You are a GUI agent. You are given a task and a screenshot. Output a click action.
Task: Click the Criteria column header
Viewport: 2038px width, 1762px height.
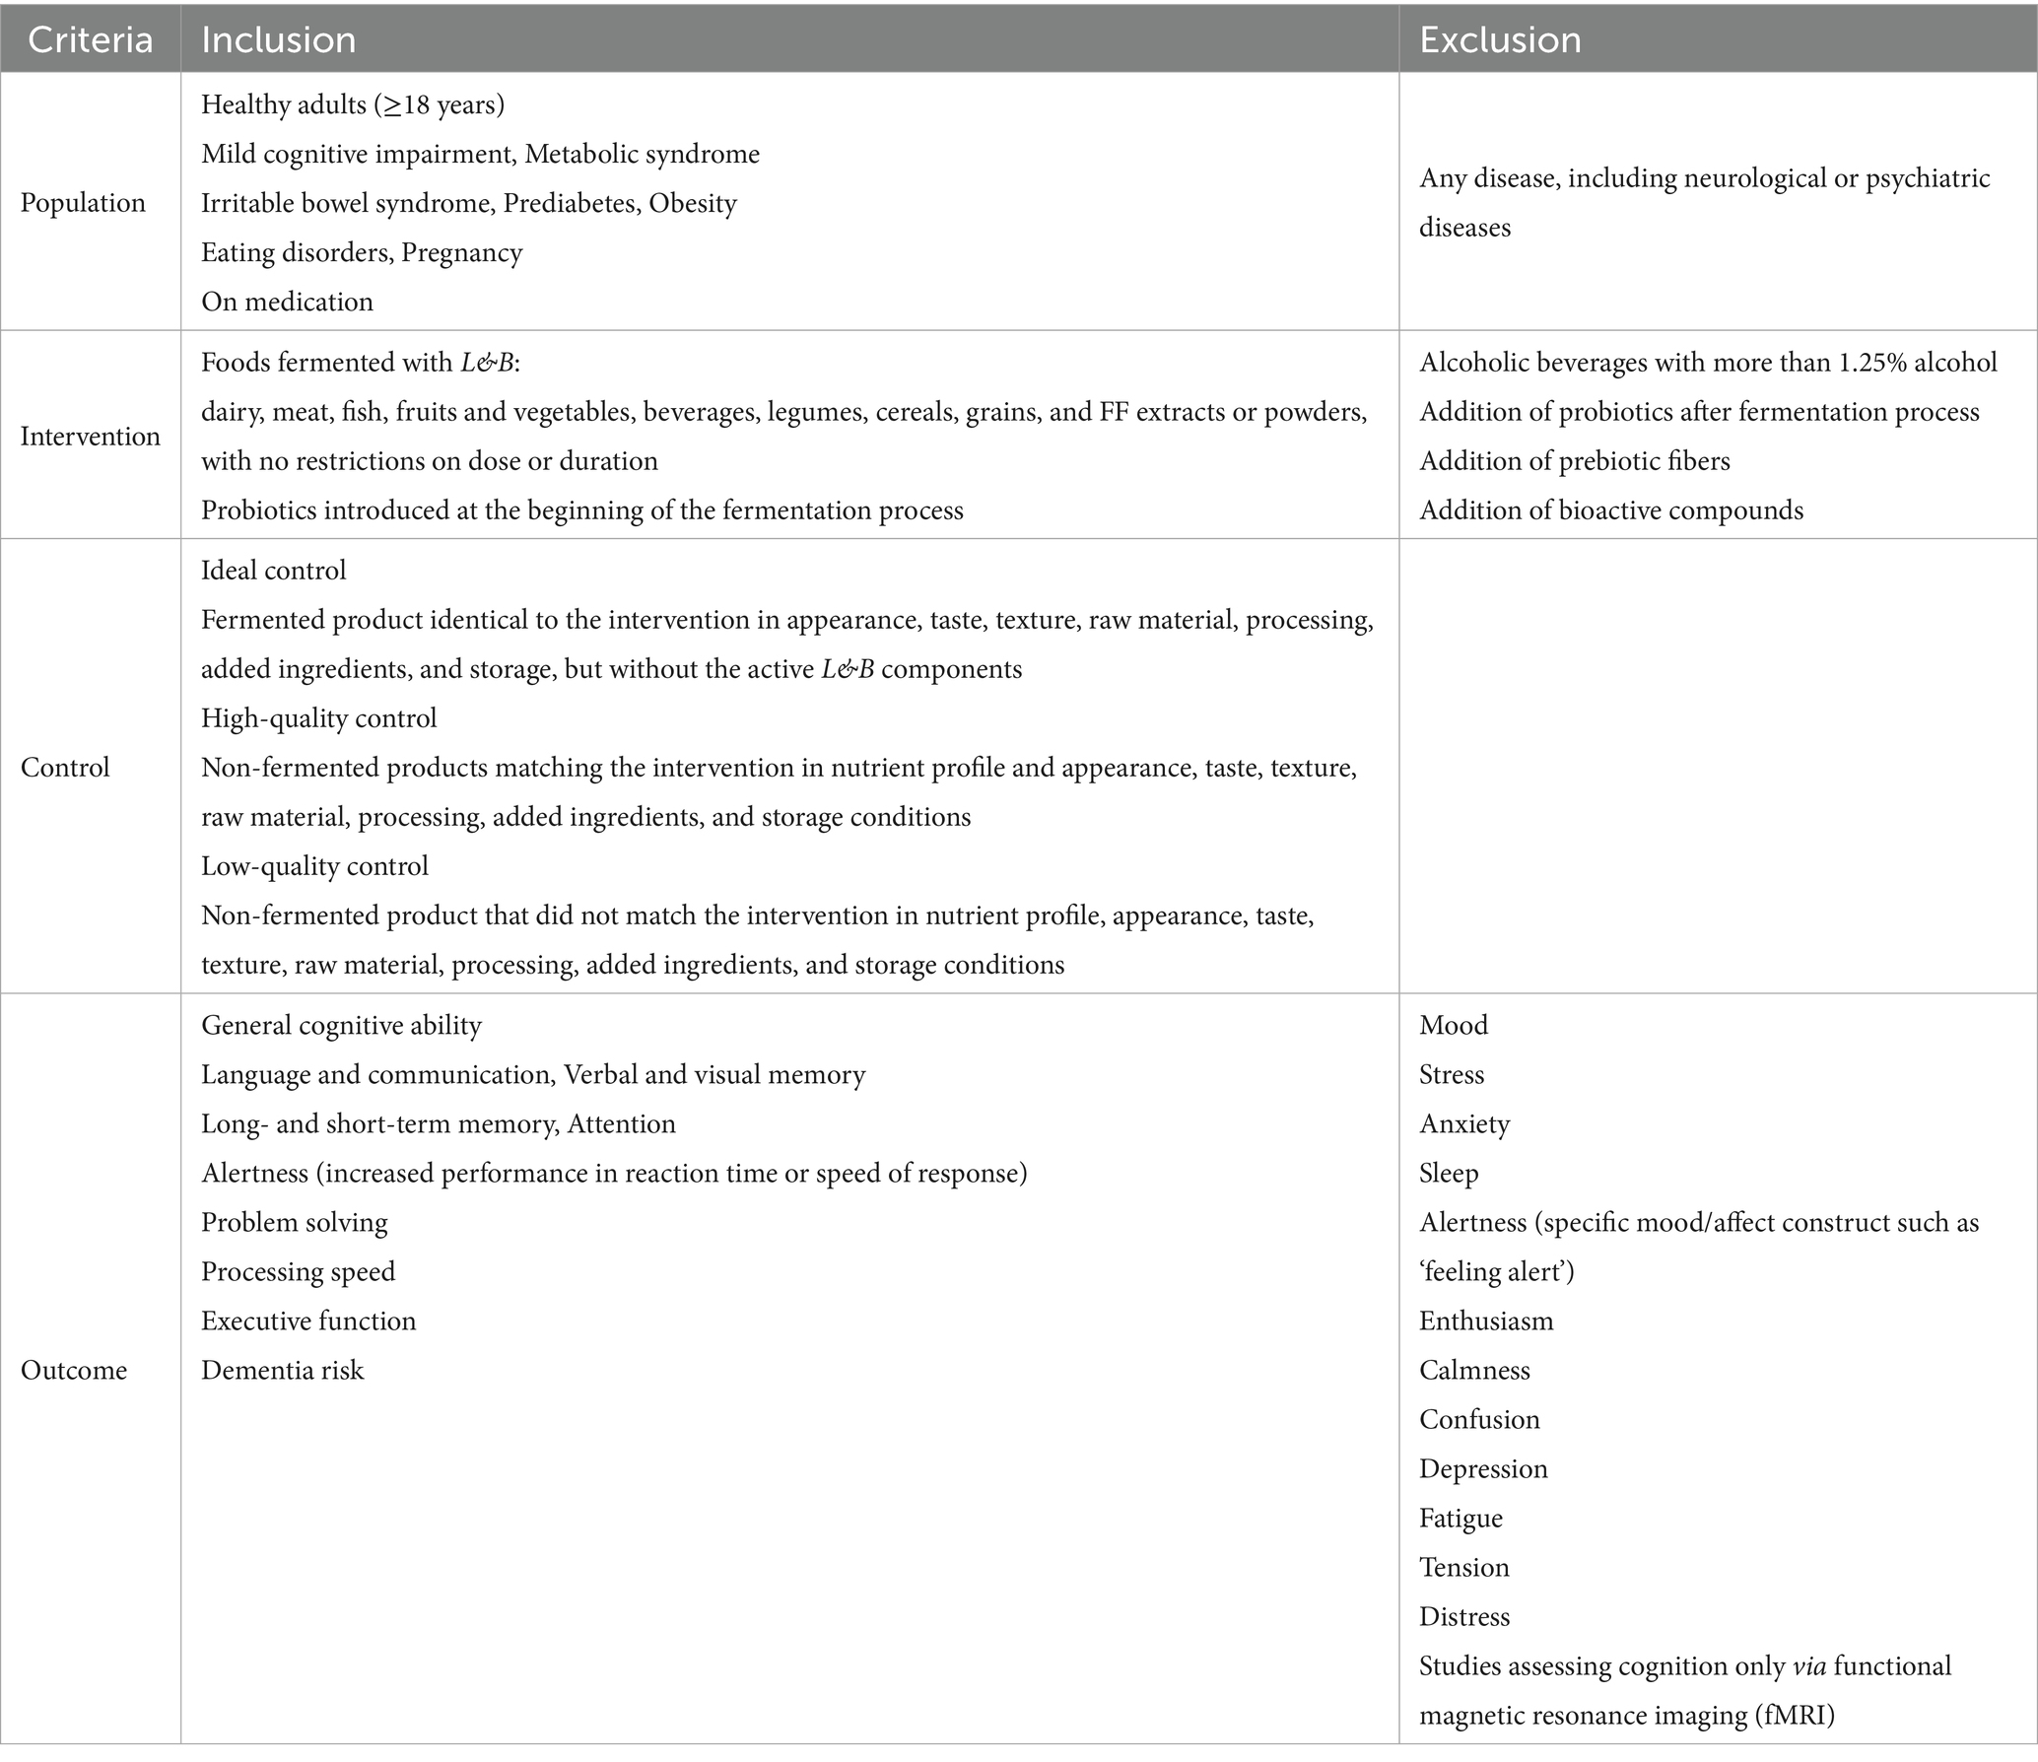90,40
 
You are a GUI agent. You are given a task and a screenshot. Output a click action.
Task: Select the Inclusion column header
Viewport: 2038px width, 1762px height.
278,40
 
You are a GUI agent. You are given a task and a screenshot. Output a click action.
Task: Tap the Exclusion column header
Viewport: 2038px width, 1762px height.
1500,40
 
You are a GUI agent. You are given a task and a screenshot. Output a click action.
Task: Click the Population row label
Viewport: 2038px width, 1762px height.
83,203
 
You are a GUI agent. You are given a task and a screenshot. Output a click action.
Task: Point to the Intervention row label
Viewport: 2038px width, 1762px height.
90,437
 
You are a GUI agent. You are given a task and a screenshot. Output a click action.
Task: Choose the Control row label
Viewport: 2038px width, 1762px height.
65,768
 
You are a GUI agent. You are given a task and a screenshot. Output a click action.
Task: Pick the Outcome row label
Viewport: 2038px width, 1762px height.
74,1371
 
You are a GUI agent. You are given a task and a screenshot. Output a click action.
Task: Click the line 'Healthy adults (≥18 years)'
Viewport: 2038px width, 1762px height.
353,104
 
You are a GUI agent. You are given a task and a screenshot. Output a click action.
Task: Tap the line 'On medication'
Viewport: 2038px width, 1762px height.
287,302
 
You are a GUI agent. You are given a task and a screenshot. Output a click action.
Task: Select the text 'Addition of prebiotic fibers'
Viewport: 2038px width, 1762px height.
1574,461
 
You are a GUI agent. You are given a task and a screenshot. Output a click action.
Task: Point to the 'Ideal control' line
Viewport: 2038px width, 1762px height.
273,571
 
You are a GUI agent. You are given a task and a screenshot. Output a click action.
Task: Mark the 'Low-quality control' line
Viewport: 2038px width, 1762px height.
314,866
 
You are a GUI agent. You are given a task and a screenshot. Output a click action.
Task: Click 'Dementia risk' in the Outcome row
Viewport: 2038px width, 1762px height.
282,1371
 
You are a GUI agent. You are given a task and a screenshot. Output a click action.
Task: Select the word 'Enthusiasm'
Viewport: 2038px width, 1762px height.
1485,1321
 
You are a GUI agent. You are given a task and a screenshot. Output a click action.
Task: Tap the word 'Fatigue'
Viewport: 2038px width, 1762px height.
1461,1519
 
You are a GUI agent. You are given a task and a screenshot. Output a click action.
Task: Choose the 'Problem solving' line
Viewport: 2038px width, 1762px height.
294,1223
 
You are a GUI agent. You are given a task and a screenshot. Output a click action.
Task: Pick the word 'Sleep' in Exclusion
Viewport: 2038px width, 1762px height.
1449,1174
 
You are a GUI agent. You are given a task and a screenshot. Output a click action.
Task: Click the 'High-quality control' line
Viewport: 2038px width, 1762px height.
318,718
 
